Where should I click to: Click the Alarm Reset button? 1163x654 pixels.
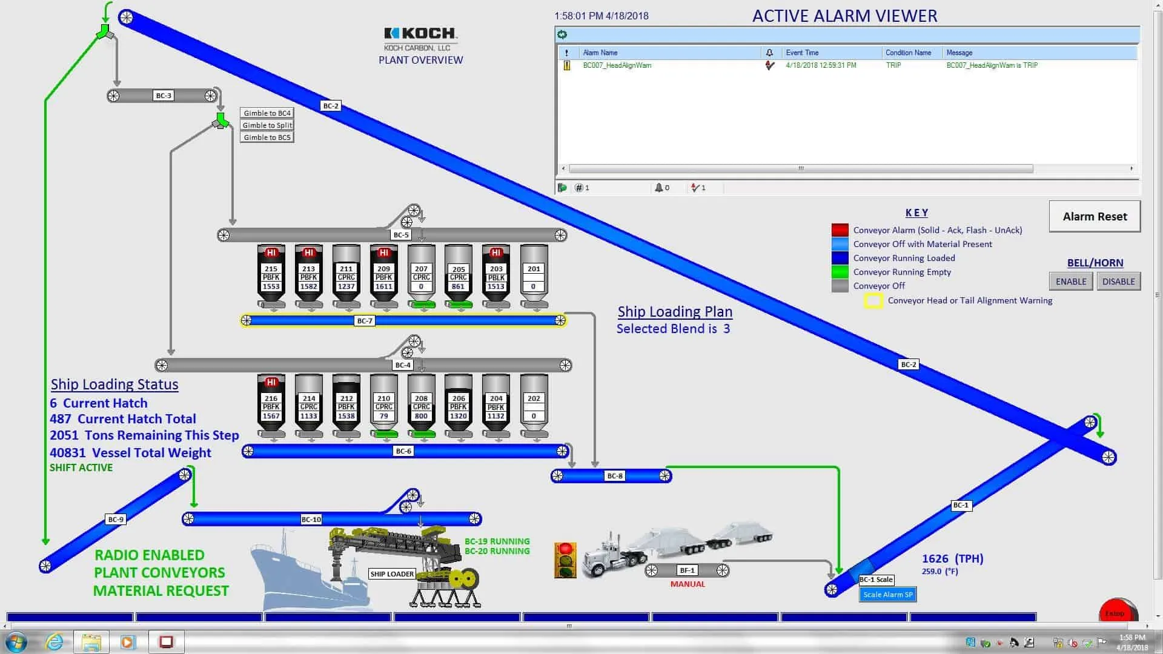point(1095,217)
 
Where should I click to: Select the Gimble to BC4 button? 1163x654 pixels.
point(267,113)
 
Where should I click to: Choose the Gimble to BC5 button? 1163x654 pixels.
point(267,137)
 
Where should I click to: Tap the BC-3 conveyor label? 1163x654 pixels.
point(164,96)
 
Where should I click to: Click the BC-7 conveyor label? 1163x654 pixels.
point(365,321)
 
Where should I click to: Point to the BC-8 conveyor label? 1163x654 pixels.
point(614,476)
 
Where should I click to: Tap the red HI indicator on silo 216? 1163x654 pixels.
point(271,382)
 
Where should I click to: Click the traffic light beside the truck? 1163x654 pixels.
point(565,560)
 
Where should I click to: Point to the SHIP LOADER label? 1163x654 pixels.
point(392,574)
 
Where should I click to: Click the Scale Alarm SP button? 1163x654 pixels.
point(887,595)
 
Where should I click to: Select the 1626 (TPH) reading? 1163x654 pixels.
point(952,559)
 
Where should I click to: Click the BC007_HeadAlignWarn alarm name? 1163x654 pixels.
point(617,65)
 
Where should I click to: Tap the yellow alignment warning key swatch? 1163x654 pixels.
point(873,301)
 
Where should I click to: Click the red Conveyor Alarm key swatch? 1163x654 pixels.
point(840,230)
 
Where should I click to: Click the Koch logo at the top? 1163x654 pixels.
point(420,34)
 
